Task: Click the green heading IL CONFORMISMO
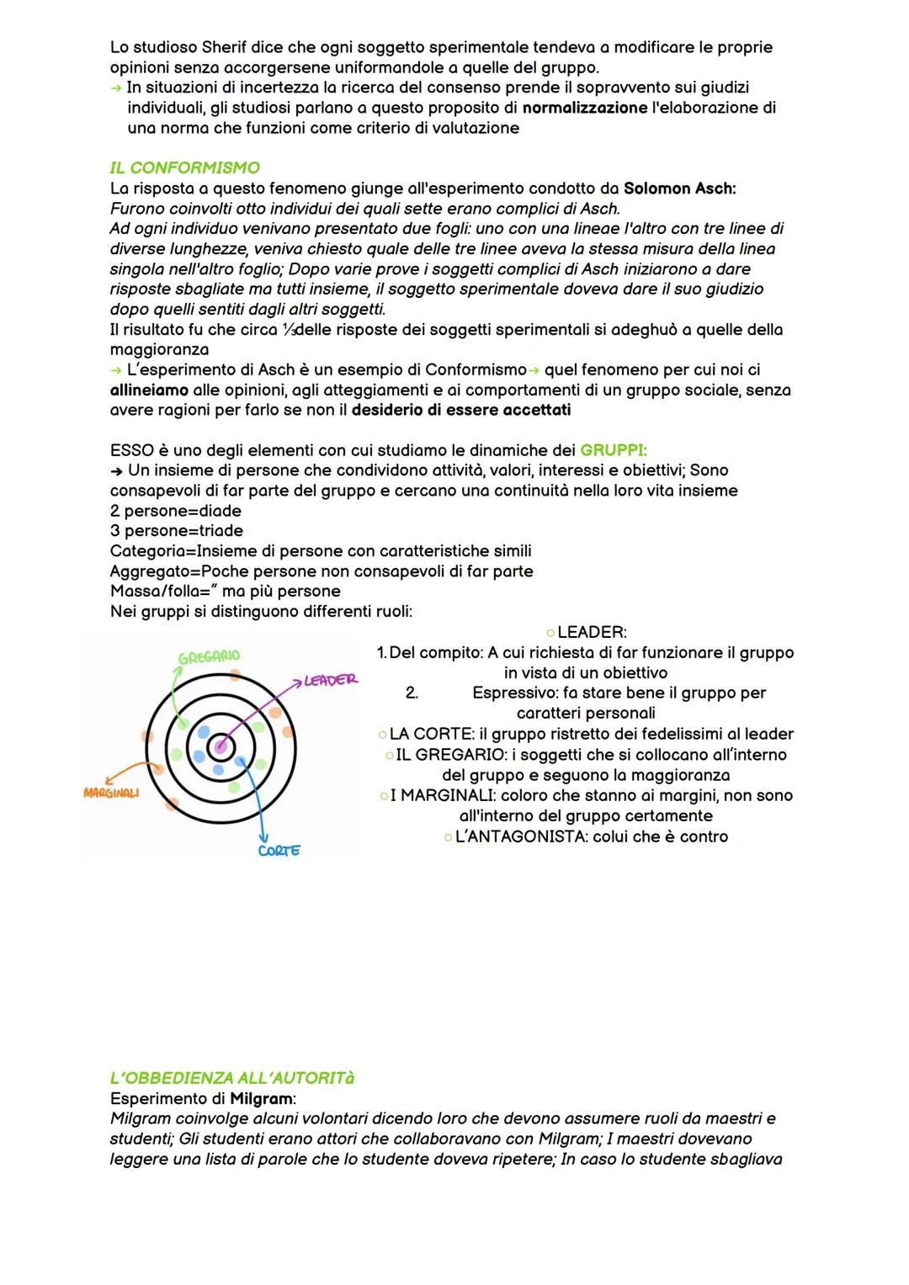(x=184, y=168)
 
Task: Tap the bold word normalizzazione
(x=585, y=108)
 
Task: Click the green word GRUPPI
(x=614, y=450)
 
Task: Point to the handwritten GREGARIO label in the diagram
(x=209, y=656)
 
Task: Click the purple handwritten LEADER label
(x=330, y=680)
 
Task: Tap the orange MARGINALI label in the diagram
(x=111, y=794)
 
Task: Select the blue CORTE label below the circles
(x=279, y=851)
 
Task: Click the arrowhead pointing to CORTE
(x=263, y=836)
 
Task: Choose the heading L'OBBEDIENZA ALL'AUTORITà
(x=232, y=1078)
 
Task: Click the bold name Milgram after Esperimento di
(x=262, y=1098)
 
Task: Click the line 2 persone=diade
(x=176, y=511)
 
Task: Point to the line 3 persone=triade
(x=177, y=531)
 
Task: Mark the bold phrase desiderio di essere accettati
(x=461, y=410)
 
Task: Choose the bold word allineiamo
(x=149, y=390)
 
